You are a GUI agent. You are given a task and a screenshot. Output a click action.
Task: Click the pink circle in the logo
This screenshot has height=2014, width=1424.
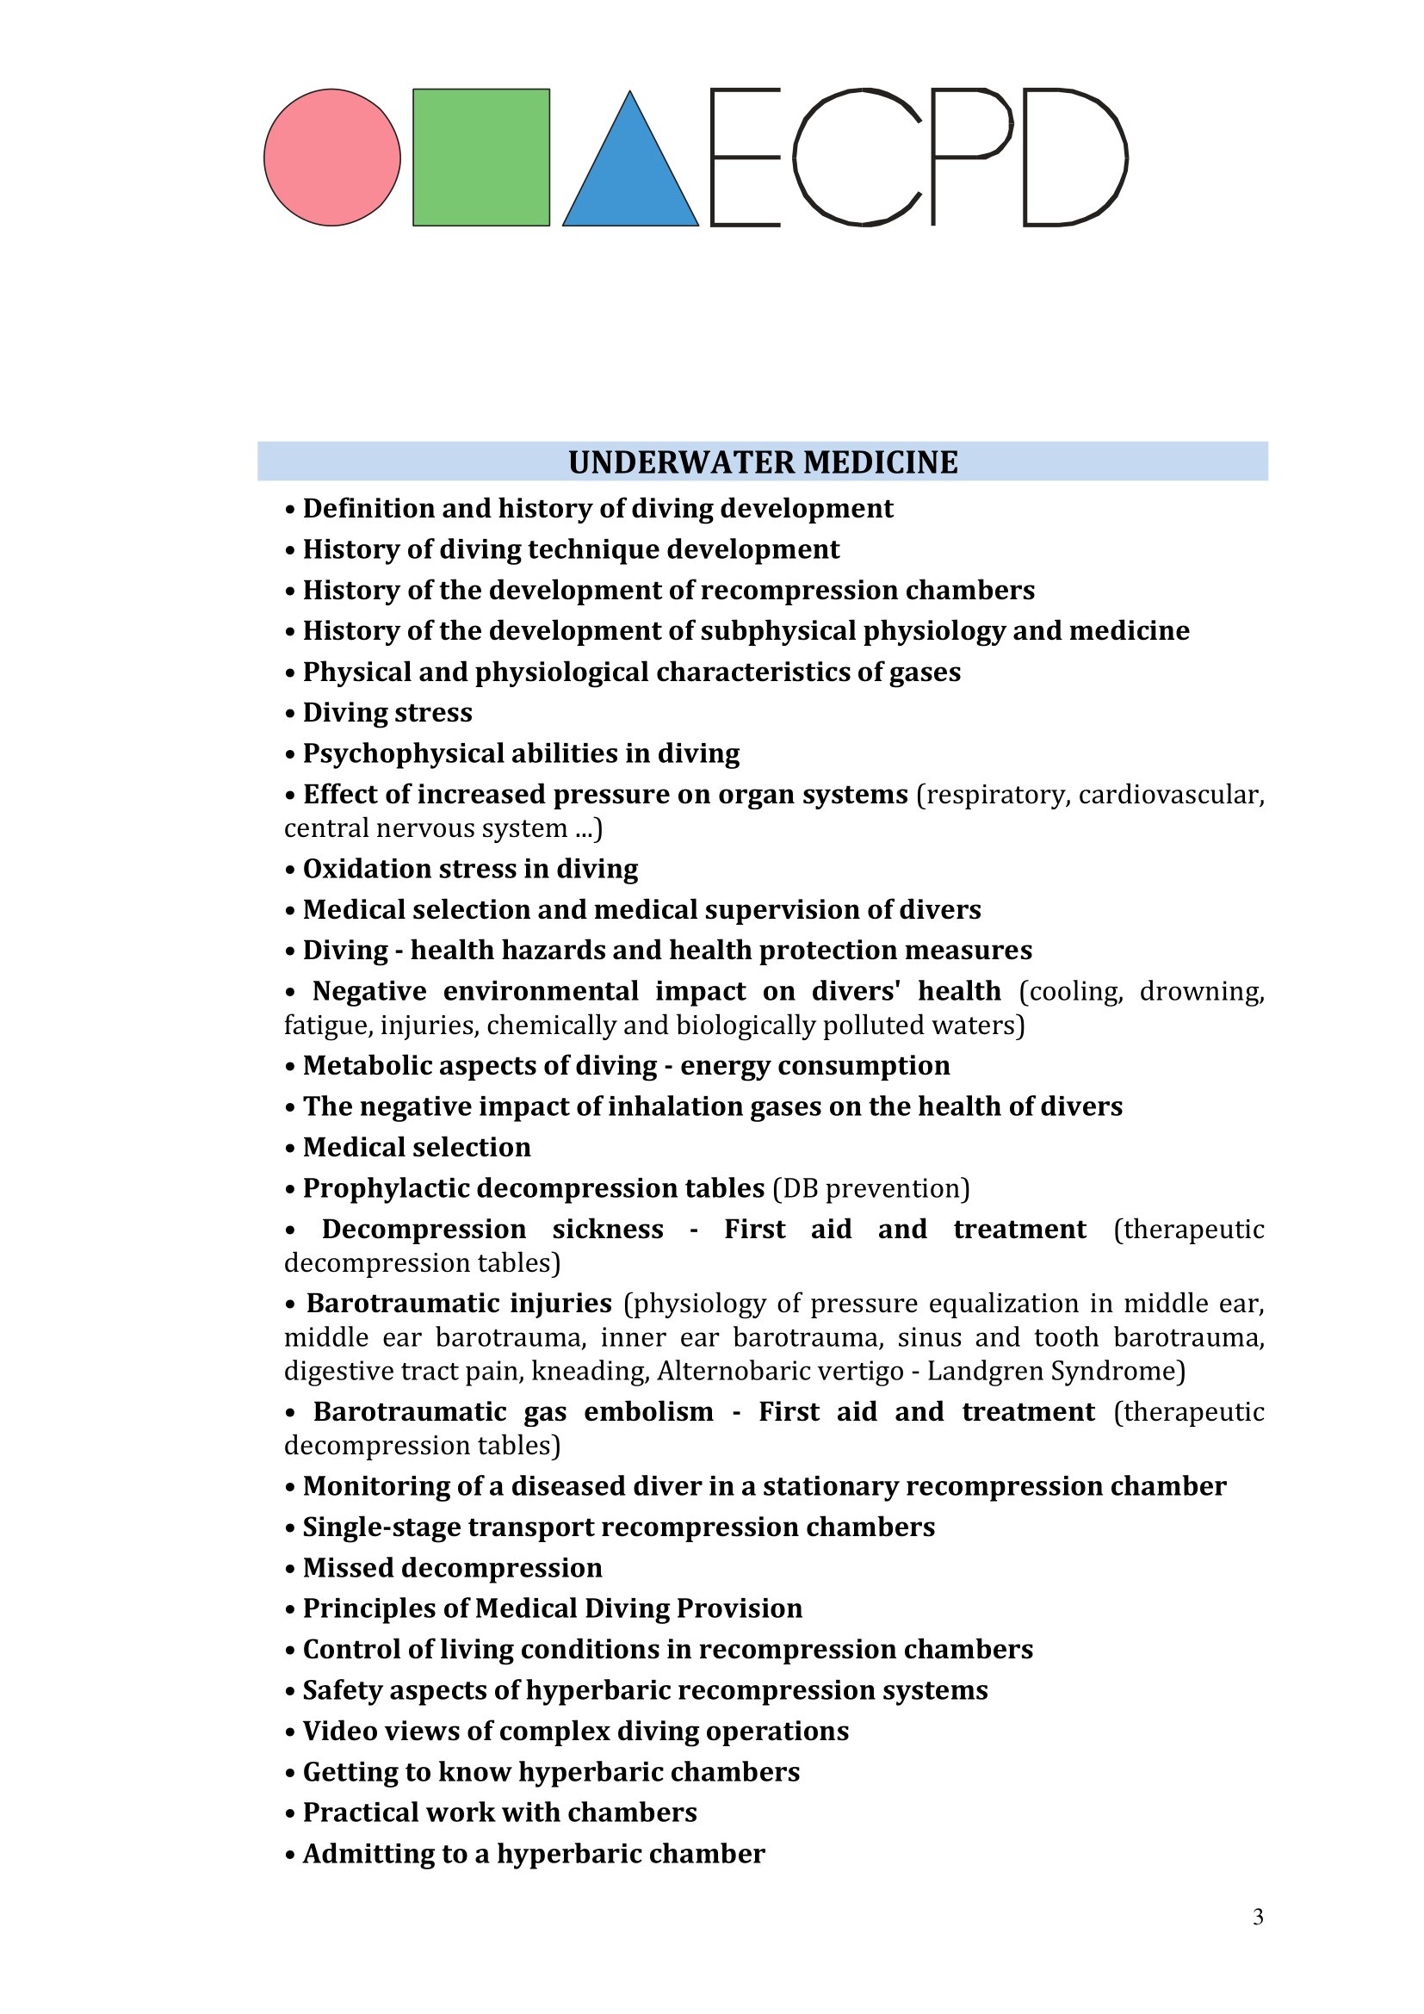[331, 158]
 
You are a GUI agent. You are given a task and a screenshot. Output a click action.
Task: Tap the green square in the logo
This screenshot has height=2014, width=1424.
[480, 158]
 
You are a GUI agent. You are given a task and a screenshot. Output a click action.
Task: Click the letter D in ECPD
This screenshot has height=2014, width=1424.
[1074, 158]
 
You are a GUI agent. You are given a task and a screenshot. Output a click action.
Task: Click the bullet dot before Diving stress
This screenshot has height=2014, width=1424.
[290, 713]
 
